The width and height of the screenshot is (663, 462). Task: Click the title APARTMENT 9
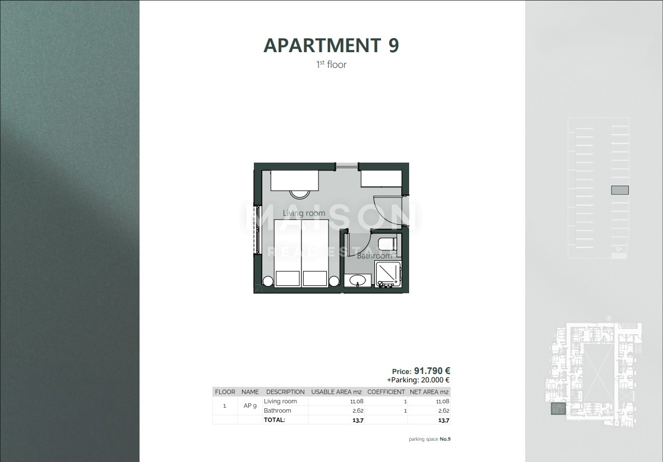click(331, 45)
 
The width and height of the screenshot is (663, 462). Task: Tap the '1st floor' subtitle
click(331, 64)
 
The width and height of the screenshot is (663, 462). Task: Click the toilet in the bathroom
click(388, 244)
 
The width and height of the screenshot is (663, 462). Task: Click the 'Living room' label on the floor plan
click(304, 213)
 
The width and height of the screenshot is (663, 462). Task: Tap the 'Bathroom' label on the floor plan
click(374, 256)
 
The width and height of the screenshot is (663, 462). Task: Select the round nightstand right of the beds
click(335, 281)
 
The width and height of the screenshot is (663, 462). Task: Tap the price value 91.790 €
click(432, 371)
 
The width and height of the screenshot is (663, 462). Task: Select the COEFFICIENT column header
click(386, 392)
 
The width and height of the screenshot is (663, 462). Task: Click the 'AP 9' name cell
click(250, 406)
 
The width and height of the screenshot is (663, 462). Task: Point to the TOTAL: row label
click(275, 419)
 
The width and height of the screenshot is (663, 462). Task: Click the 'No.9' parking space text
click(445, 439)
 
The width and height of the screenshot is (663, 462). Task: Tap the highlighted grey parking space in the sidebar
click(619, 190)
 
